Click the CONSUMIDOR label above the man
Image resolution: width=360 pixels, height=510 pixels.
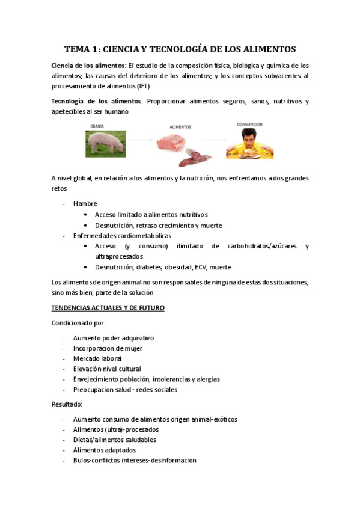click(249, 124)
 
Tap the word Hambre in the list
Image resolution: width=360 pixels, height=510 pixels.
click(85, 203)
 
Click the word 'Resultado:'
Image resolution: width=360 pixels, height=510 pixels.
click(67, 404)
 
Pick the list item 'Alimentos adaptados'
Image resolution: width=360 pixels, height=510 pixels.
click(105, 450)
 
